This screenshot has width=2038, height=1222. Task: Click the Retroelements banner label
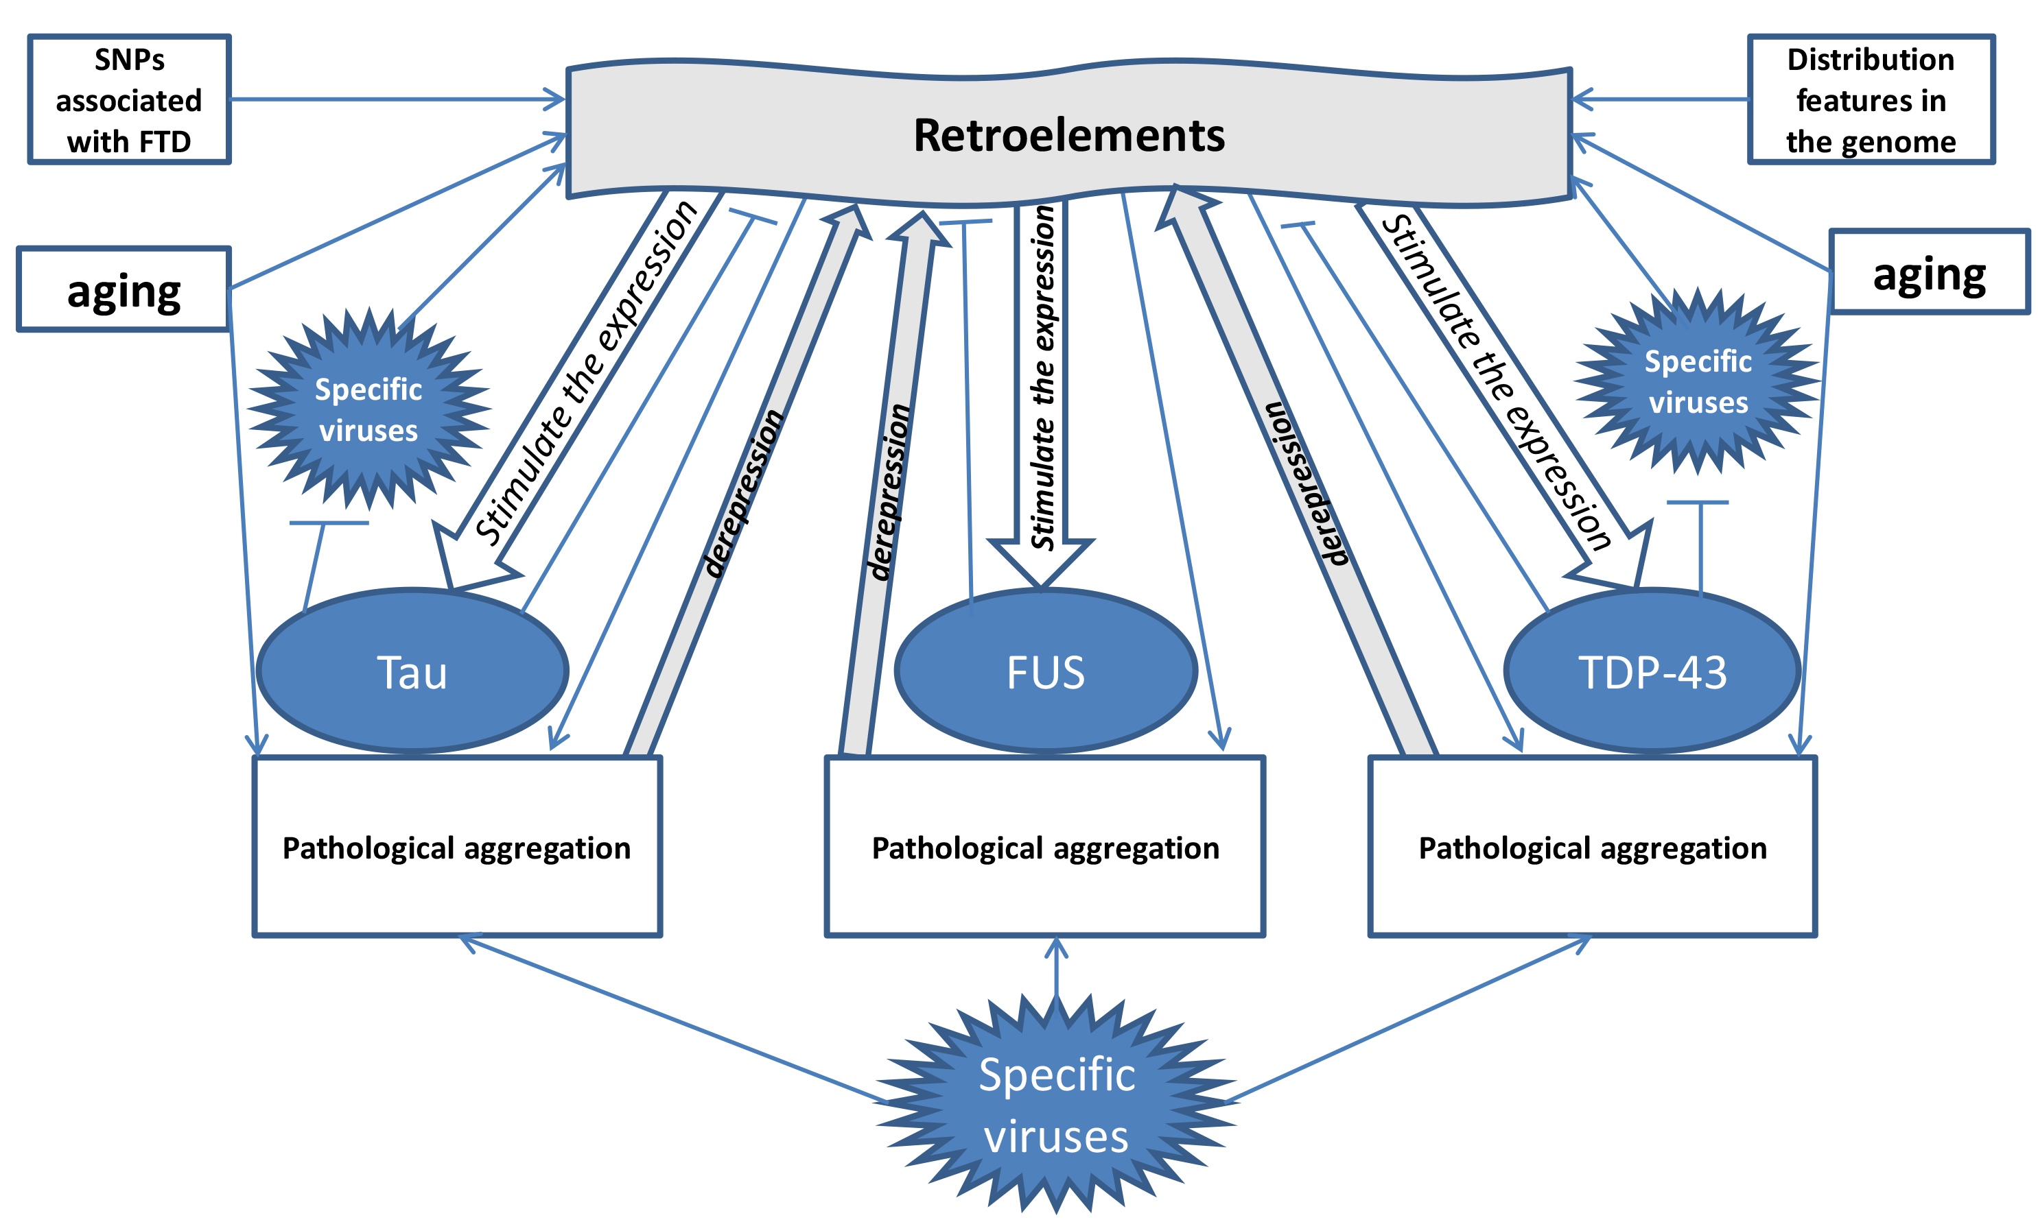coord(1068,135)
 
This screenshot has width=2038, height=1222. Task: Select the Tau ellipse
coord(412,671)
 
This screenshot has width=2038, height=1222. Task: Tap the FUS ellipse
coord(1045,671)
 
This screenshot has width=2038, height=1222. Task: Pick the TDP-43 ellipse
coord(1652,671)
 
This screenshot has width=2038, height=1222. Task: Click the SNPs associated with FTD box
coord(129,99)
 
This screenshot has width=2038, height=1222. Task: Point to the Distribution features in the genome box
coord(1870,99)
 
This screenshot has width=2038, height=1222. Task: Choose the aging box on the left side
coord(124,290)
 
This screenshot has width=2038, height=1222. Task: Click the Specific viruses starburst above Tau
coord(369,409)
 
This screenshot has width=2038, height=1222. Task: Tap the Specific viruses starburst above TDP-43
coord(1697,381)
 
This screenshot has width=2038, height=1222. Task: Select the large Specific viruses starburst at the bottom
coord(1056,1103)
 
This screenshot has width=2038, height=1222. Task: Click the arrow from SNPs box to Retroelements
coord(395,99)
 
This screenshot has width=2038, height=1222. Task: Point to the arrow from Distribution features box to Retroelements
coord(1660,99)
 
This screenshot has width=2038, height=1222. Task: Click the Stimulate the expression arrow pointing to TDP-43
coord(1499,379)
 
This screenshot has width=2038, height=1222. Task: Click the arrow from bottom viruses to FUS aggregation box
coord(1056,972)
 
